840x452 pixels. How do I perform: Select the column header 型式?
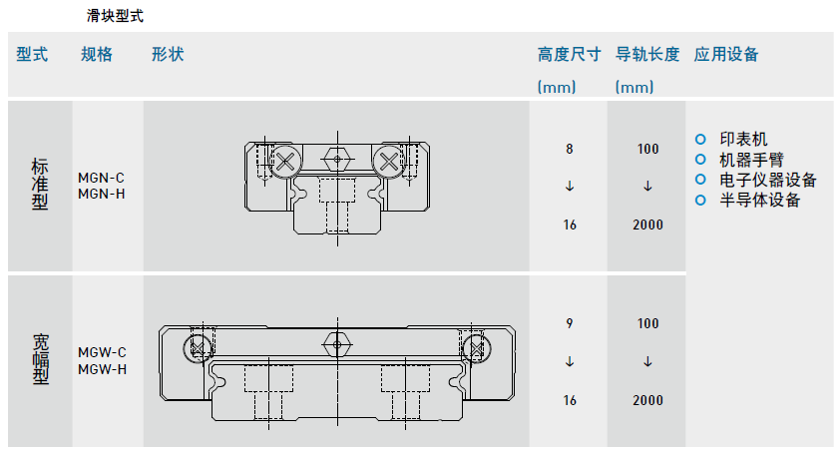[x=32, y=55]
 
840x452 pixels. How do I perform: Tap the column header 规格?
[x=97, y=55]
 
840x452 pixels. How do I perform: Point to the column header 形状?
[x=168, y=55]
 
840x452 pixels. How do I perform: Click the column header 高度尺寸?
[x=569, y=55]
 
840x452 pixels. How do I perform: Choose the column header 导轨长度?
[x=647, y=55]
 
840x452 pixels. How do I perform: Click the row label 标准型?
[x=40, y=185]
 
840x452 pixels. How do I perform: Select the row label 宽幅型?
[x=40, y=361]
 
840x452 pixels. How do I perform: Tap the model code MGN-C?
[x=102, y=178]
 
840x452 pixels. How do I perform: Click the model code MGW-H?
[x=103, y=369]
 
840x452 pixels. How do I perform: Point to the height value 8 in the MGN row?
[x=570, y=149]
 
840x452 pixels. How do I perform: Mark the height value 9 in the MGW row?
[x=570, y=323]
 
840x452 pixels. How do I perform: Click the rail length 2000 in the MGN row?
[x=647, y=225]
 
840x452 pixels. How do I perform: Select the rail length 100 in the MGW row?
[x=647, y=323]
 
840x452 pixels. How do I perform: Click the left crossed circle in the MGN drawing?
[x=287, y=160]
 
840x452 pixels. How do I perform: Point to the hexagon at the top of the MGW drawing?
[x=335, y=343]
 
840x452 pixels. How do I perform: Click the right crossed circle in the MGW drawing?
[x=475, y=347]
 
